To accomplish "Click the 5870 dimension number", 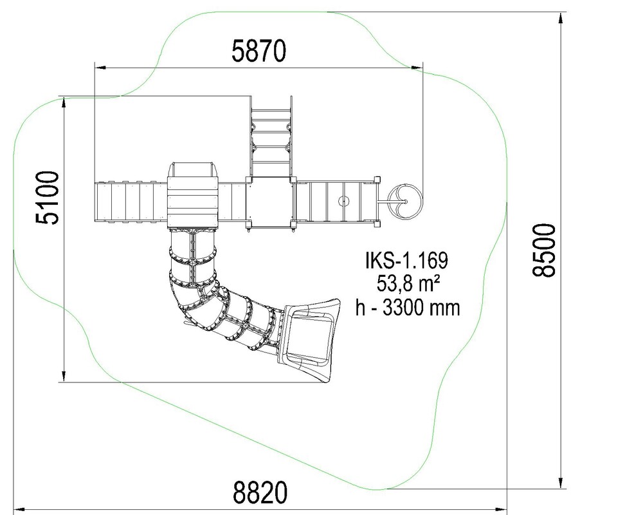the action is (x=258, y=51).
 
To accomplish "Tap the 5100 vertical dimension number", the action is (x=48, y=198).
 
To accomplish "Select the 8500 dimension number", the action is (x=544, y=250).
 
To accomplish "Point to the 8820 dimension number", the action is (x=260, y=492).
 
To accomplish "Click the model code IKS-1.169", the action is (x=406, y=260).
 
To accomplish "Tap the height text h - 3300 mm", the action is (x=408, y=308).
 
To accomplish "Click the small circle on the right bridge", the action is (x=343, y=201).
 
